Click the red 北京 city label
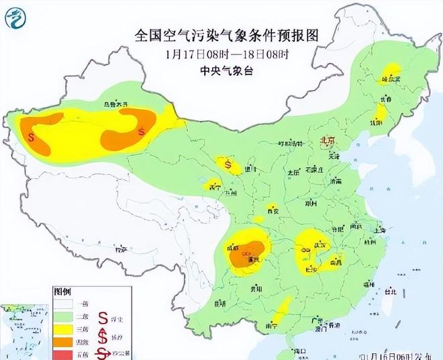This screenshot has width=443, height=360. [x=327, y=140]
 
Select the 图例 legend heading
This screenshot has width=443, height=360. [x=62, y=292]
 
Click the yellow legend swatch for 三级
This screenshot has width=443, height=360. [x=64, y=328]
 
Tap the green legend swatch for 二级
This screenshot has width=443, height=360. [x=64, y=316]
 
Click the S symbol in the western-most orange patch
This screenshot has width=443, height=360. [x=32, y=136]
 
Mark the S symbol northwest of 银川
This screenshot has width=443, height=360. [x=229, y=163]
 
